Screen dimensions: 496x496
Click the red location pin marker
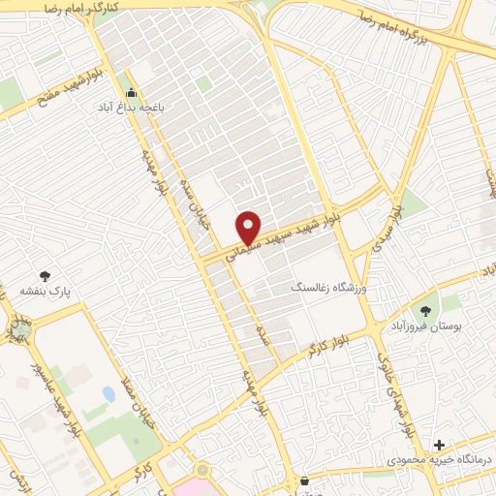pyautogui.click(x=249, y=227)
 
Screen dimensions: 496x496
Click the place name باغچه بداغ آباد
pyautogui.click(x=130, y=109)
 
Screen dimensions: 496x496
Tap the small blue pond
pyautogui.click(x=108, y=394)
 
